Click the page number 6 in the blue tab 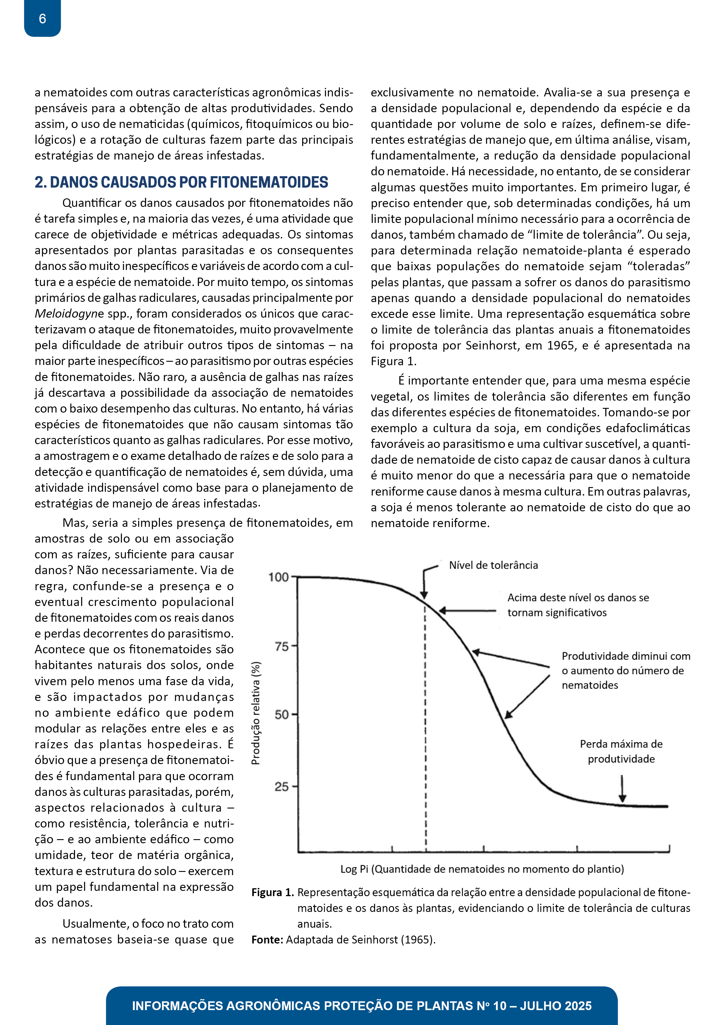point(42,19)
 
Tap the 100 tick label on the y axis point(278,577)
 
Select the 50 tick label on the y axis point(282,715)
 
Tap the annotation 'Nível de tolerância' point(493,565)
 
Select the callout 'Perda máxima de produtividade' point(621,751)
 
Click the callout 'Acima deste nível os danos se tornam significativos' point(578,605)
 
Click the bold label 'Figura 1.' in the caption point(272,892)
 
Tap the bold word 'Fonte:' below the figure point(267,940)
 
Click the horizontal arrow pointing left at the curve point(467,611)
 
